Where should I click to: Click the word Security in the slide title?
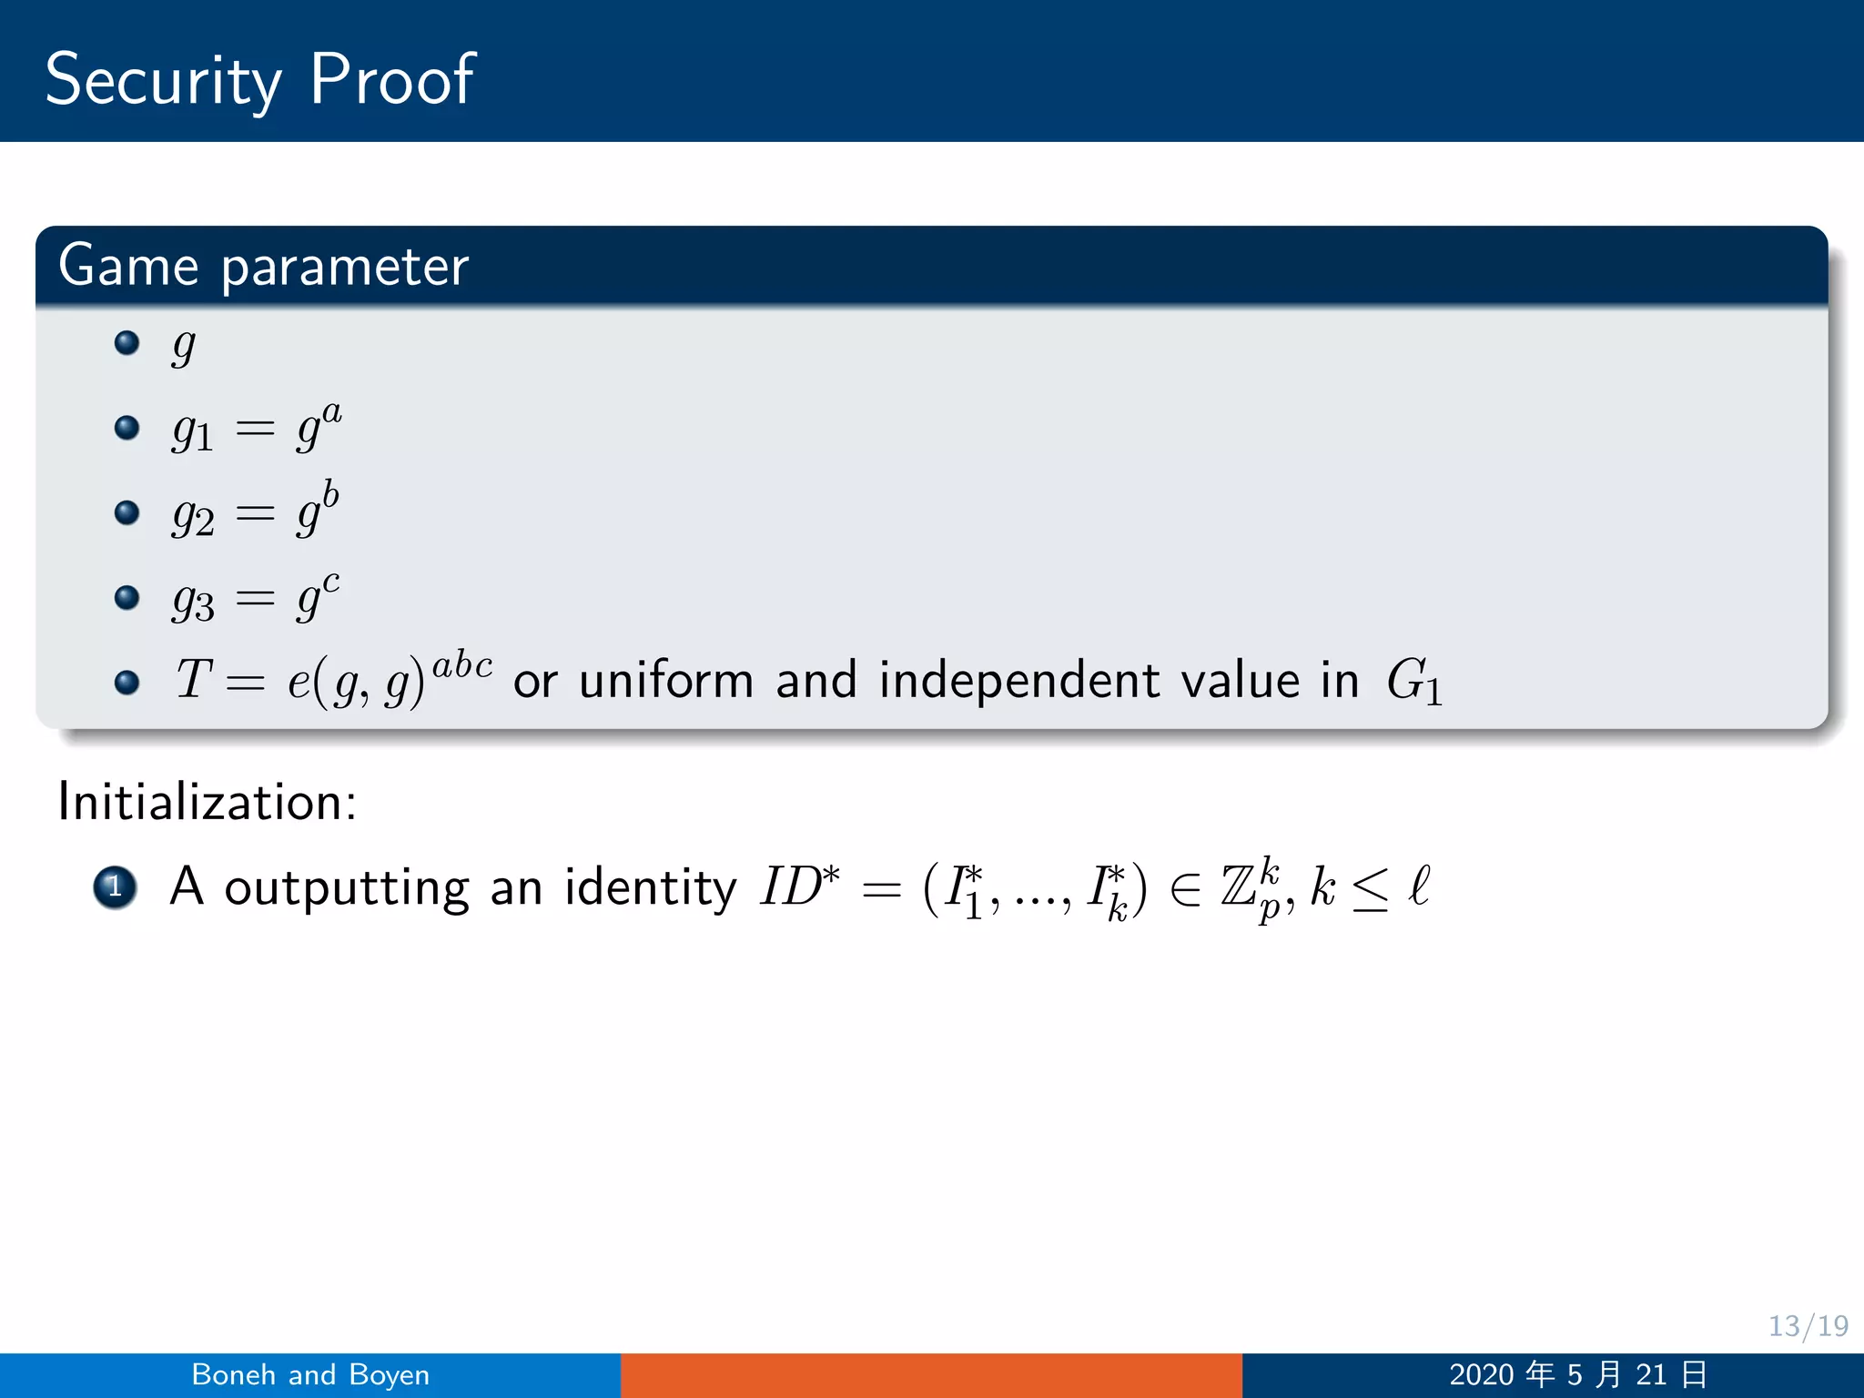164,80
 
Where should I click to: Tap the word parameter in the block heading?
345,267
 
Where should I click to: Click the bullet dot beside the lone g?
127,342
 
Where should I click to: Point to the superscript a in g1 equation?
332,412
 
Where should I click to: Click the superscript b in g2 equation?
330,494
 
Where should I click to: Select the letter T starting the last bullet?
194,679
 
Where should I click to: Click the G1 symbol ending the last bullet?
1413,681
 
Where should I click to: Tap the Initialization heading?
208,802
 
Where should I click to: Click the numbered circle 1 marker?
115,886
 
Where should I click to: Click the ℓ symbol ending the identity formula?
1419,885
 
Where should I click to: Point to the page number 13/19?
1808,1325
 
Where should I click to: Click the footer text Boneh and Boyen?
310,1374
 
